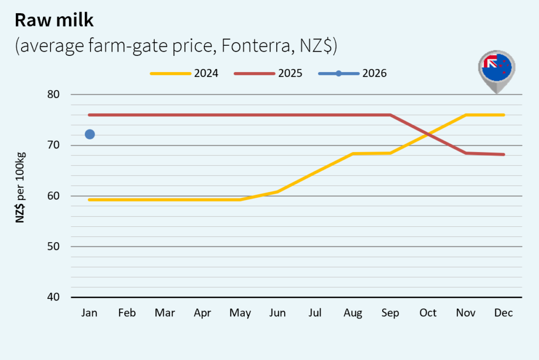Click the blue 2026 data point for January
coord(89,134)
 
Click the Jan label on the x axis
coord(89,313)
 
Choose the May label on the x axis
coord(240,314)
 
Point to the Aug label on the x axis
coord(353,313)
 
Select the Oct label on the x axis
coord(428,313)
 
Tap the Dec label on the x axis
coord(504,313)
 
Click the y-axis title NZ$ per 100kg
coord(21,188)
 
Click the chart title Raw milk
coord(54,21)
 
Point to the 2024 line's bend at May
coord(240,199)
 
